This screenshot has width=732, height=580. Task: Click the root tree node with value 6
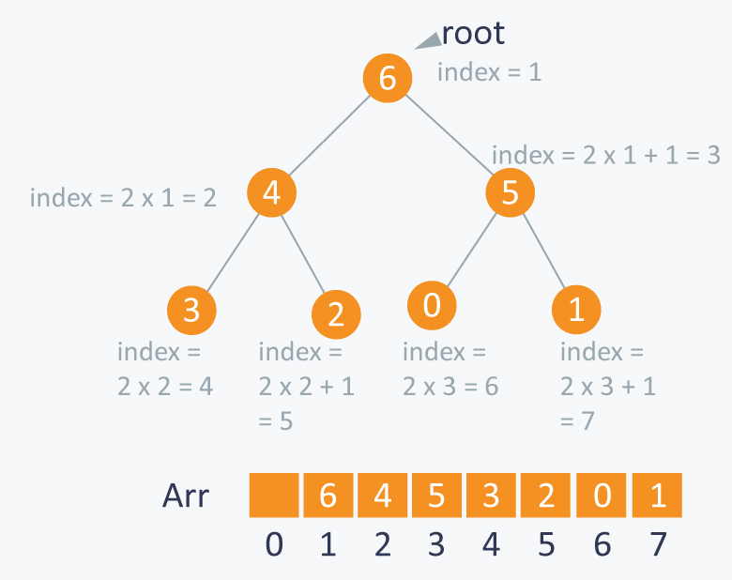coord(388,78)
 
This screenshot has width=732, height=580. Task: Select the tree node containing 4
coord(272,193)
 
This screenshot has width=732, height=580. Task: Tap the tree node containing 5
coord(510,193)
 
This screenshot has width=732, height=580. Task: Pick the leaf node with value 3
coord(191,310)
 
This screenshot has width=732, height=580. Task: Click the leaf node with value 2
coord(336,314)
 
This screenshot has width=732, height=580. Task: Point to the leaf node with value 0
coord(432,306)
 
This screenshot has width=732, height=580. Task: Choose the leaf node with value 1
coord(576,311)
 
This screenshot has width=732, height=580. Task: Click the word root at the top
coord(473,34)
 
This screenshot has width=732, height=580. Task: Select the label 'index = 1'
coord(489,71)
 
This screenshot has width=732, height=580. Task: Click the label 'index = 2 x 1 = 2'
coord(123,198)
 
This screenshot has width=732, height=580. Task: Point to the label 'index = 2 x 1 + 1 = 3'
coord(605,156)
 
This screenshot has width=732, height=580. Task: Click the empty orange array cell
coord(274,495)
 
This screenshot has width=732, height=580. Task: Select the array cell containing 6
coord(328,495)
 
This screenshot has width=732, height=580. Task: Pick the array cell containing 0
coord(602,495)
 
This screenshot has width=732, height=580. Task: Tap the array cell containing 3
coord(491,495)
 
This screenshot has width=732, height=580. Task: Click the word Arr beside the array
coord(186,496)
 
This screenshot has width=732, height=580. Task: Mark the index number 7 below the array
coord(657,545)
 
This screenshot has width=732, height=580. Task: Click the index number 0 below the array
coord(274,545)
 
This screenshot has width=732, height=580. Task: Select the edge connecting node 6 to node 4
coord(329,136)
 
